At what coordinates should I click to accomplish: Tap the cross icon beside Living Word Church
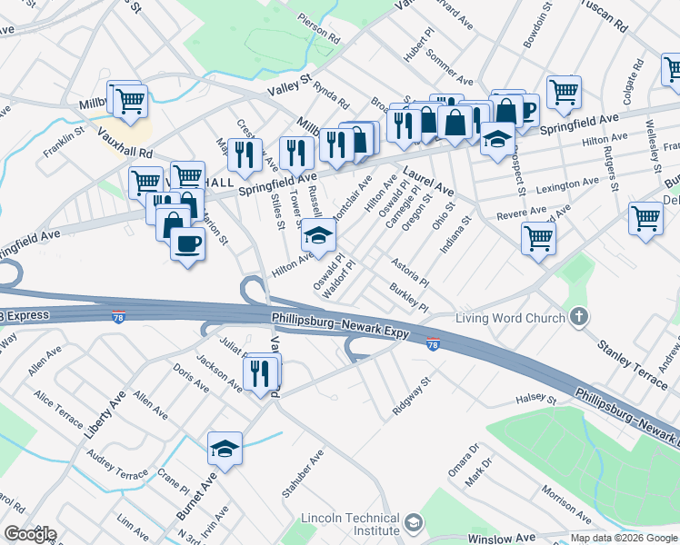click(x=579, y=317)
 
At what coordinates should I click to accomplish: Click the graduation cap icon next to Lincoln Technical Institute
click(x=415, y=523)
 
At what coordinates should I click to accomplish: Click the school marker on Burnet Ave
click(x=225, y=448)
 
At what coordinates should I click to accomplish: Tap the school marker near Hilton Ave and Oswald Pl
click(x=318, y=235)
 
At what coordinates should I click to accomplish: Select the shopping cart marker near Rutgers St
click(x=645, y=218)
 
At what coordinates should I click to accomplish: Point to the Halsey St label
click(x=535, y=399)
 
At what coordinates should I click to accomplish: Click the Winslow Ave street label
click(x=502, y=539)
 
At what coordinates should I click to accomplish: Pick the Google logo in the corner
click(x=30, y=533)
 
